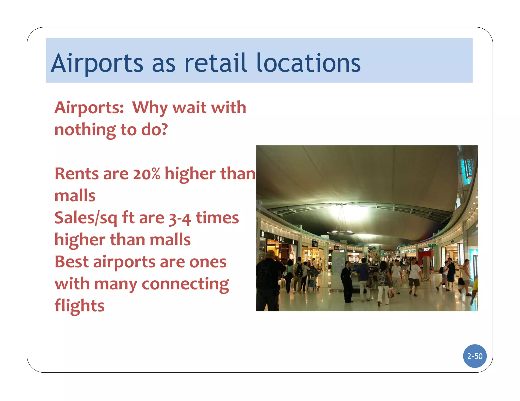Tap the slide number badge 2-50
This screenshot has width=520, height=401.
pyautogui.click(x=475, y=356)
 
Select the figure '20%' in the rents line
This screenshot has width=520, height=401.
pyautogui.click(x=147, y=174)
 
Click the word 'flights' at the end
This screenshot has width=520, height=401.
pyautogui.click(x=79, y=306)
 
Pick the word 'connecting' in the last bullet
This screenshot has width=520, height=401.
pyautogui.click(x=185, y=284)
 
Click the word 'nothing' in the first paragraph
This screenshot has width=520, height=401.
pyautogui.click(x=85, y=130)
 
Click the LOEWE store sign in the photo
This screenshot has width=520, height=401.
pyautogui.click(x=278, y=238)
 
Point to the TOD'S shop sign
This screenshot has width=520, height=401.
pyautogui.click(x=315, y=244)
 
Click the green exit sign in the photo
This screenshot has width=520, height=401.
pyautogui.click(x=432, y=245)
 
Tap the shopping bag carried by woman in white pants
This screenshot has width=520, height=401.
pyautogui.click(x=391, y=293)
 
